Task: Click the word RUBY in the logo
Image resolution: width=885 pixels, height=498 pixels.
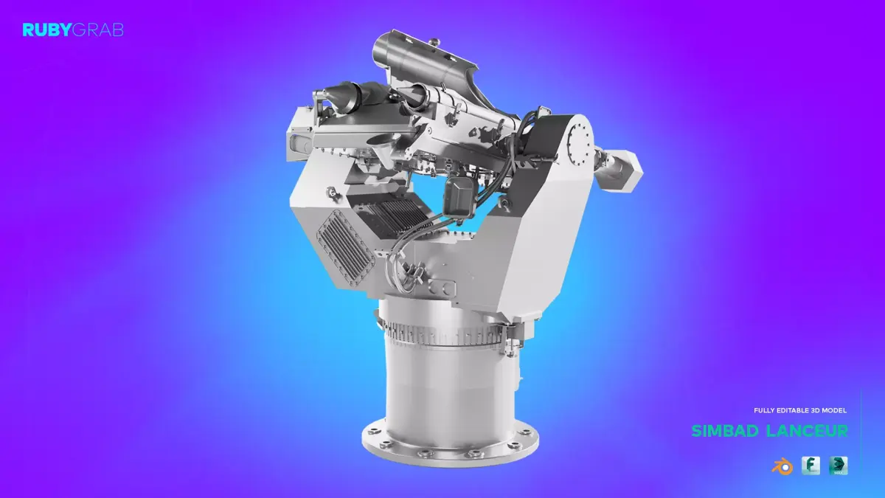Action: click(46, 30)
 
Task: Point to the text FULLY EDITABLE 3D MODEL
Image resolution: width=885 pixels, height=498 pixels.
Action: click(800, 410)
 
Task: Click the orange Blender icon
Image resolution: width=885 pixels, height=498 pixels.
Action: click(782, 466)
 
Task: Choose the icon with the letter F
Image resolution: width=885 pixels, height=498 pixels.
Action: click(811, 466)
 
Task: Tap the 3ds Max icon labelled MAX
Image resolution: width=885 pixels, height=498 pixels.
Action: click(838, 466)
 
